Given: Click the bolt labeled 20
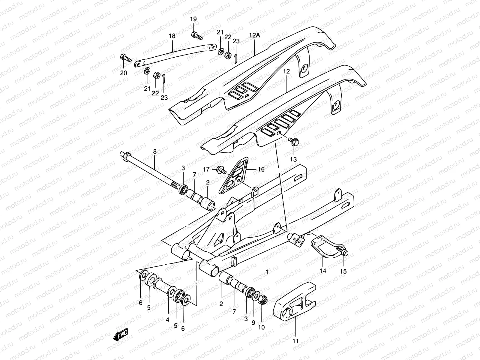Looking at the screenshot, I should [126, 58].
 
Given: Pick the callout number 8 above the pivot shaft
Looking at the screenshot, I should [155, 152].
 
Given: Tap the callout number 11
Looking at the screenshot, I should [296, 341].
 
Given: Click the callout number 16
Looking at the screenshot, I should [261, 169].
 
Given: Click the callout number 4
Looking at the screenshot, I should [167, 320].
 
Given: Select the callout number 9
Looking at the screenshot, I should [253, 323].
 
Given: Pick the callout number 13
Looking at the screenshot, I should [293, 159].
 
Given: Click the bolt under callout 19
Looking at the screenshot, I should [196, 36].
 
